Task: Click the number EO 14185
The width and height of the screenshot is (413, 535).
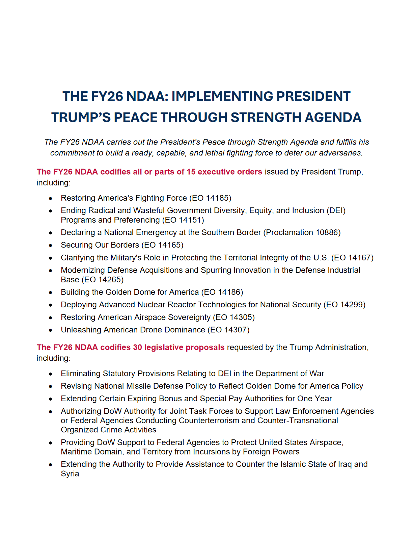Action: (x=210, y=198)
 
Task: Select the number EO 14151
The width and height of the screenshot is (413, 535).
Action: (x=183, y=220)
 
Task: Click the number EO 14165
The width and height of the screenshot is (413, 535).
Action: (x=163, y=245)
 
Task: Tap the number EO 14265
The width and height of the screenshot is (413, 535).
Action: (x=103, y=280)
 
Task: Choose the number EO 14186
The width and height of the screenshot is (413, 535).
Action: (x=222, y=292)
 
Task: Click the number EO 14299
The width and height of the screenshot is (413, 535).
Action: (x=345, y=305)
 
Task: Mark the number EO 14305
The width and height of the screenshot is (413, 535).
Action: (x=234, y=317)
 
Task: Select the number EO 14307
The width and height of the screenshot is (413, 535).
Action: (x=229, y=330)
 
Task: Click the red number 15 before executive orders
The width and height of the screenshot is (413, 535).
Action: (x=191, y=172)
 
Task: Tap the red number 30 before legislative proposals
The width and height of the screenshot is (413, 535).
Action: (x=137, y=347)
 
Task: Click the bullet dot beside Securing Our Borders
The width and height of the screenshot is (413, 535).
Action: (x=51, y=245)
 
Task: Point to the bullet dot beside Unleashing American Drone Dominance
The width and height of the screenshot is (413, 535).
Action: (x=51, y=330)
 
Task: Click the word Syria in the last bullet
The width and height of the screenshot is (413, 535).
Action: (x=70, y=474)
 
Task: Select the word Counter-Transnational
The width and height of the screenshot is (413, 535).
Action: (x=298, y=421)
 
